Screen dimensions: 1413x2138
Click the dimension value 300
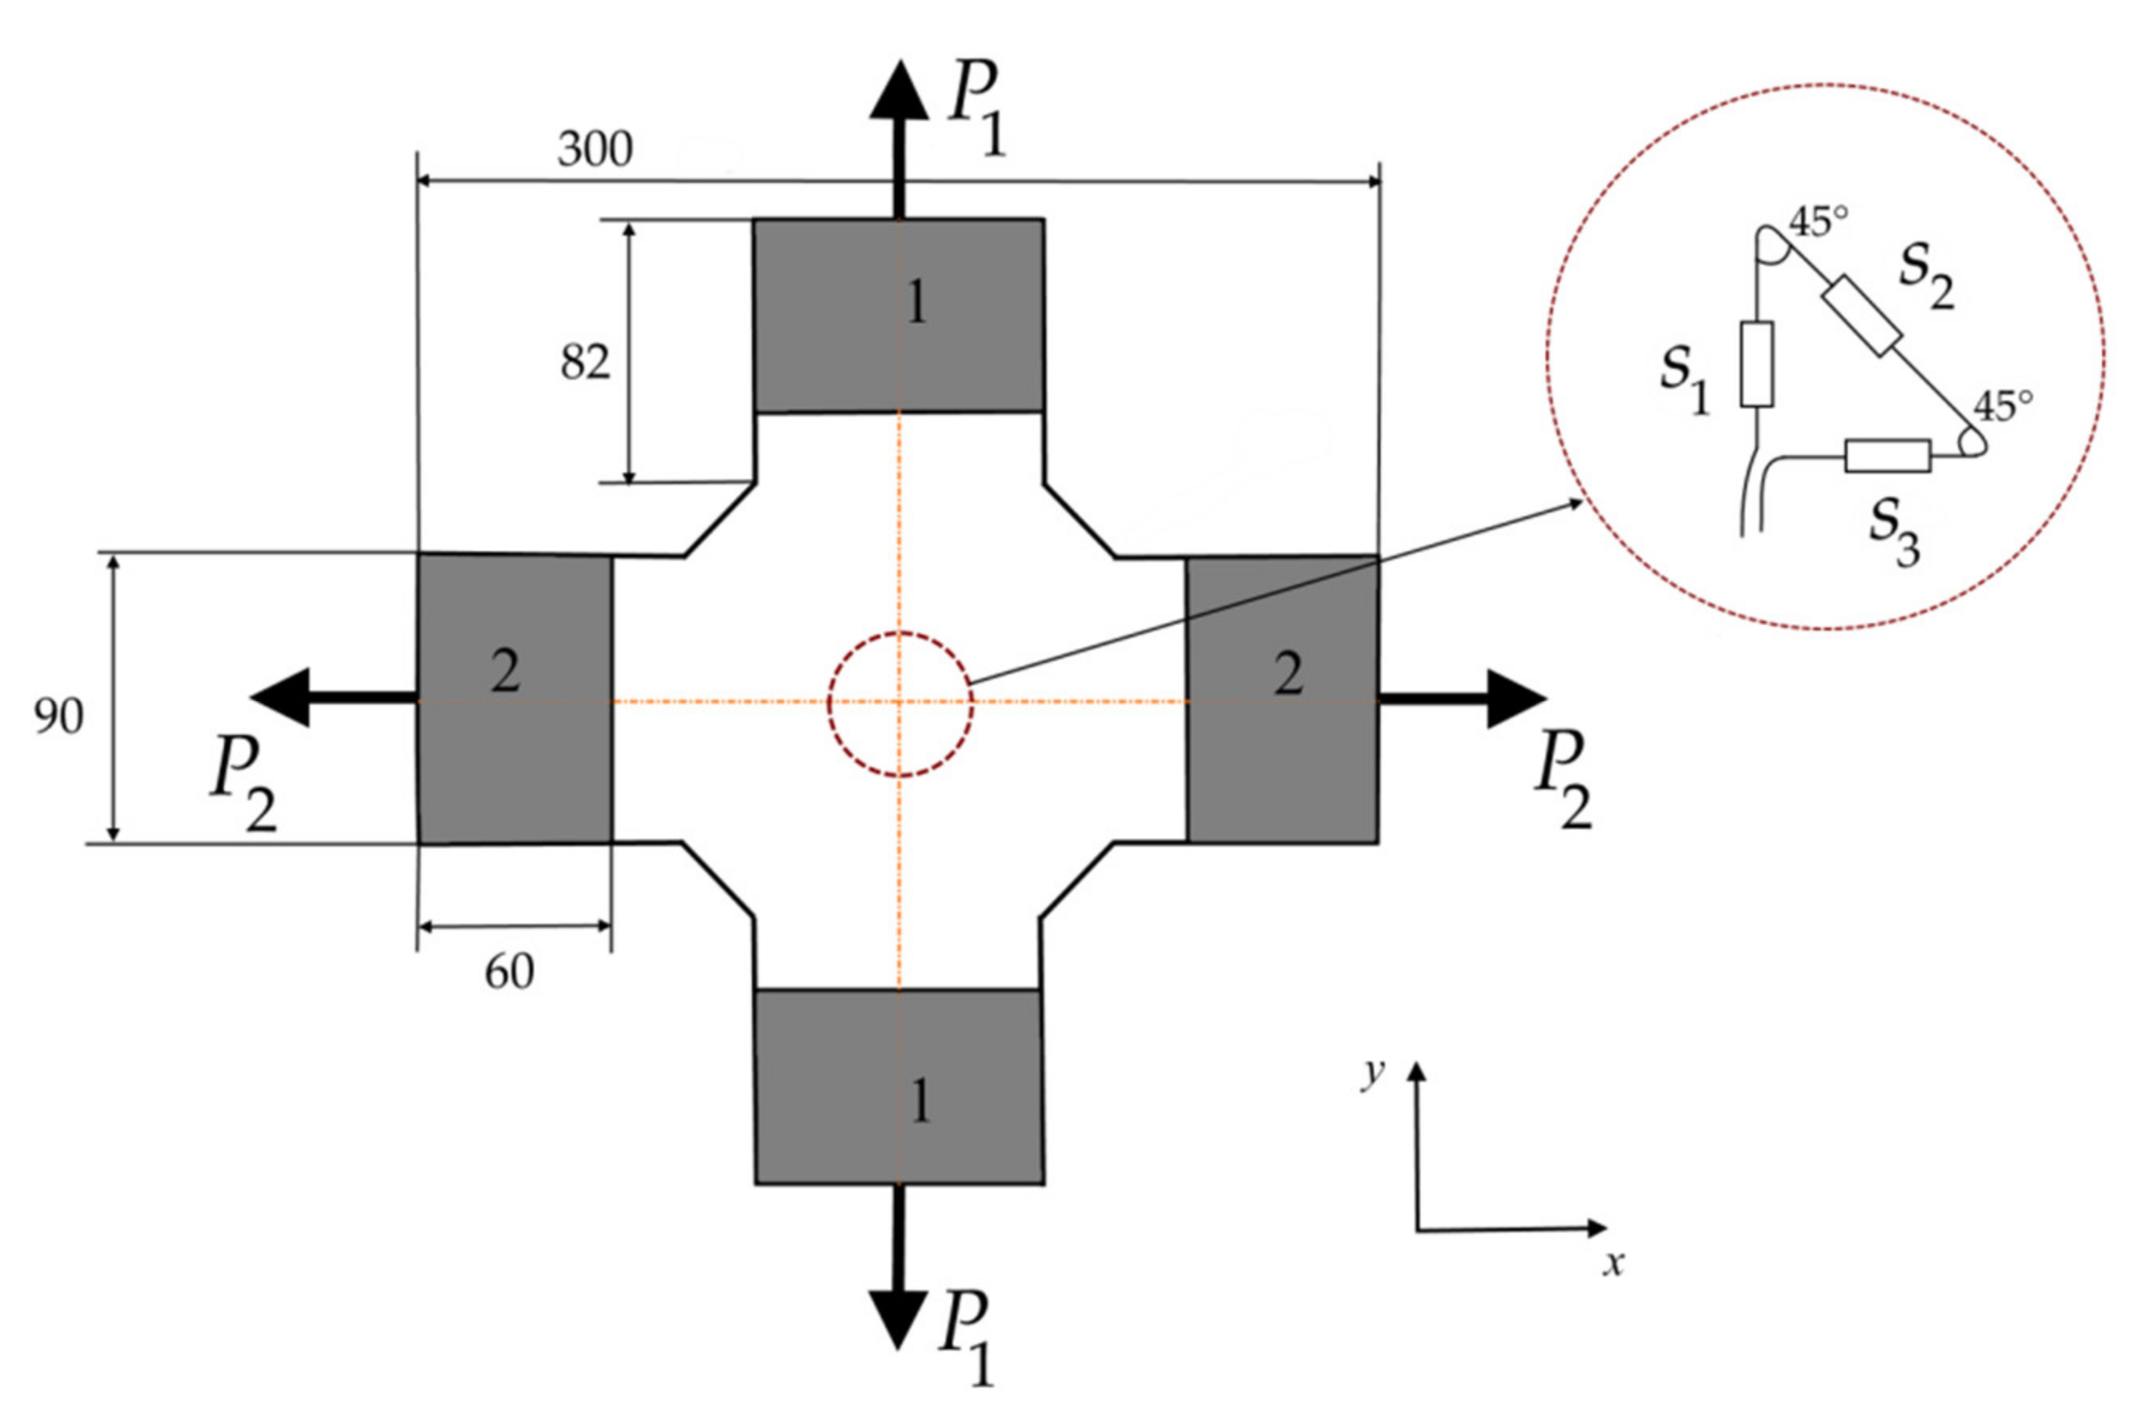(595, 150)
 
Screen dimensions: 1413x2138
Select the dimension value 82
(585, 363)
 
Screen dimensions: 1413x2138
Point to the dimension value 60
(510, 972)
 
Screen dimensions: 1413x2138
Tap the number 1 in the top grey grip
(917, 304)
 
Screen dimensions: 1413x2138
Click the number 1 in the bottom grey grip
(919, 1101)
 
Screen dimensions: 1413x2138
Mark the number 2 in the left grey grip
(505, 673)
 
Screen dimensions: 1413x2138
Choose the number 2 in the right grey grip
(1288, 674)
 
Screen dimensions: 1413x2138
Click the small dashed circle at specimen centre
(900, 704)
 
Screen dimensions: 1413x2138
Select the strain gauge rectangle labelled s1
(1756, 364)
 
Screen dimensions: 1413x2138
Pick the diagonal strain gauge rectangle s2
(1862, 315)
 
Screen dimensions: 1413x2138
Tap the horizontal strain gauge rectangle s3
(1888, 456)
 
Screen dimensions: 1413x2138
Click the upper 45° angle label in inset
(1818, 222)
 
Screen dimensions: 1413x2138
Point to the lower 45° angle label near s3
(2003, 407)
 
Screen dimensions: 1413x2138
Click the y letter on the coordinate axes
(1372, 1074)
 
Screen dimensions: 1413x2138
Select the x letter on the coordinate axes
(1612, 1263)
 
